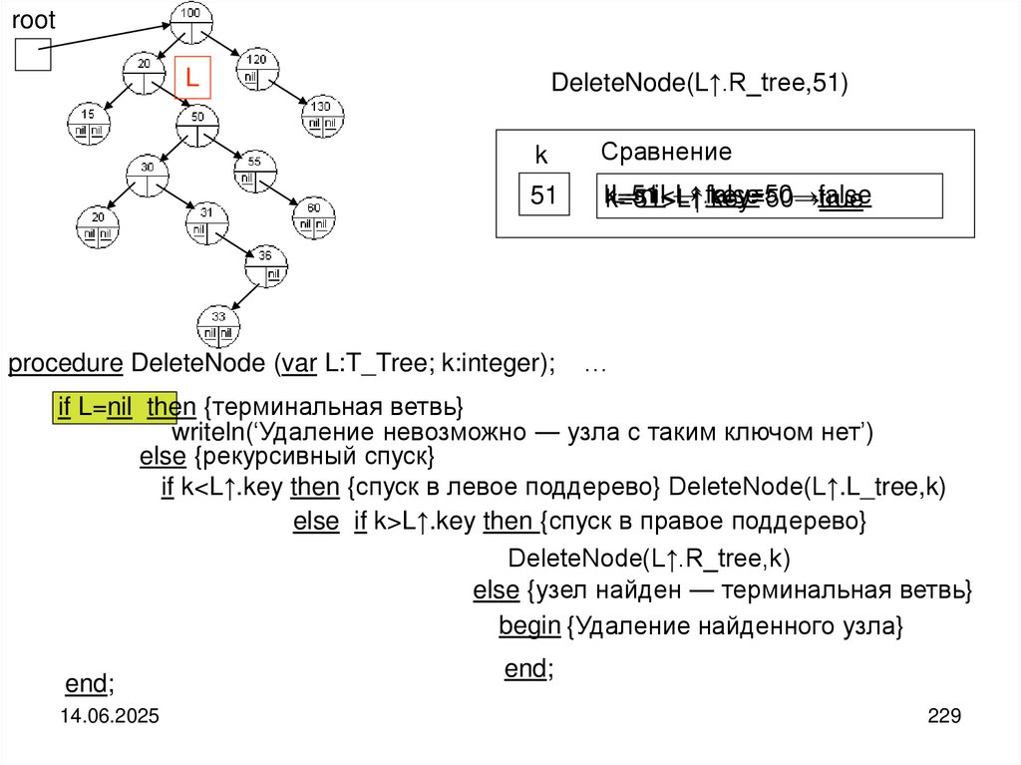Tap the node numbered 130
click(322, 114)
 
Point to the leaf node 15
click(89, 122)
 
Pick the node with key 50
click(197, 125)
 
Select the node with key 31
click(206, 219)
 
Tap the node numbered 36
click(266, 263)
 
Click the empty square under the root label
click(32, 55)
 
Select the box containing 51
click(543, 194)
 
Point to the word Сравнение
click(666, 152)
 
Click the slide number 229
click(942, 716)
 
